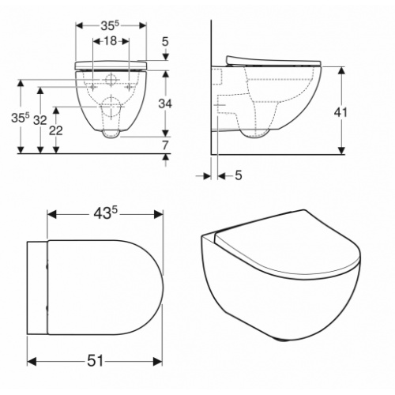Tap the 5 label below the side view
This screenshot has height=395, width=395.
[239, 175]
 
